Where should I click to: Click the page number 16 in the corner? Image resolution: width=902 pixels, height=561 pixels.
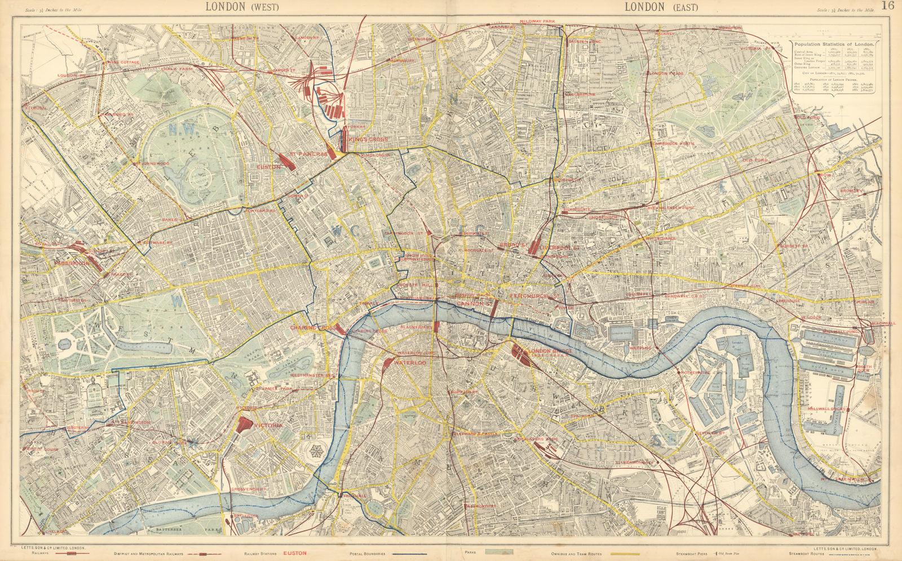pyautogui.click(x=888, y=6)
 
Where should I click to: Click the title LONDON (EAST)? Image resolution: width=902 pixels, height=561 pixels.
pyautogui.click(x=661, y=7)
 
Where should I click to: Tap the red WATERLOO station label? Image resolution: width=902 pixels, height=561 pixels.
pyautogui.click(x=409, y=363)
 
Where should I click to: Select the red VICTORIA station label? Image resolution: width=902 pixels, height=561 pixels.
pyautogui.click(x=268, y=425)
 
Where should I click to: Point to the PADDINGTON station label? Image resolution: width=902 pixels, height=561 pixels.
pyautogui.click(x=72, y=263)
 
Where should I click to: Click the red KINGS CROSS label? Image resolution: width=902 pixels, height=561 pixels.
pyautogui.click(x=368, y=139)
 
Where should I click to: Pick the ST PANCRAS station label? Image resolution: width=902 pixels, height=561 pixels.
pyautogui.click(x=308, y=153)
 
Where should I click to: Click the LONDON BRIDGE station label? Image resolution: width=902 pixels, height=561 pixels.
pyautogui.click(x=551, y=351)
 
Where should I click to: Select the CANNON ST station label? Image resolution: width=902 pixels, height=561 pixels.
pyautogui.click(x=471, y=304)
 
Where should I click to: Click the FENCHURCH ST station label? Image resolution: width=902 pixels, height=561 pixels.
pyautogui.click(x=534, y=295)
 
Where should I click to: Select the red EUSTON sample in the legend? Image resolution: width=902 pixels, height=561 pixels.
pyautogui.click(x=294, y=554)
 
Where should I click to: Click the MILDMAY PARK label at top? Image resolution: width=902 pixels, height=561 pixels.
pyautogui.click(x=537, y=21)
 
